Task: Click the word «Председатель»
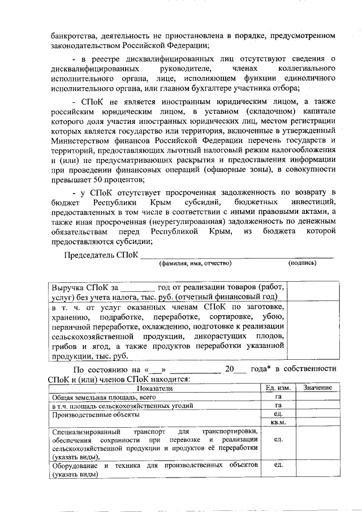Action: (x=88, y=255)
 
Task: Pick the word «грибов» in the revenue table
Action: (x=63, y=346)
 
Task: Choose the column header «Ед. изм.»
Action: (x=278, y=388)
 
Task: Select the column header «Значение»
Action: (x=317, y=388)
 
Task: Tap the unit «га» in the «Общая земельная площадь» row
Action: (x=278, y=397)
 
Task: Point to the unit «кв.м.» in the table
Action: (x=278, y=422)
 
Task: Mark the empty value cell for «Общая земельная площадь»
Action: (x=317, y=397)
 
